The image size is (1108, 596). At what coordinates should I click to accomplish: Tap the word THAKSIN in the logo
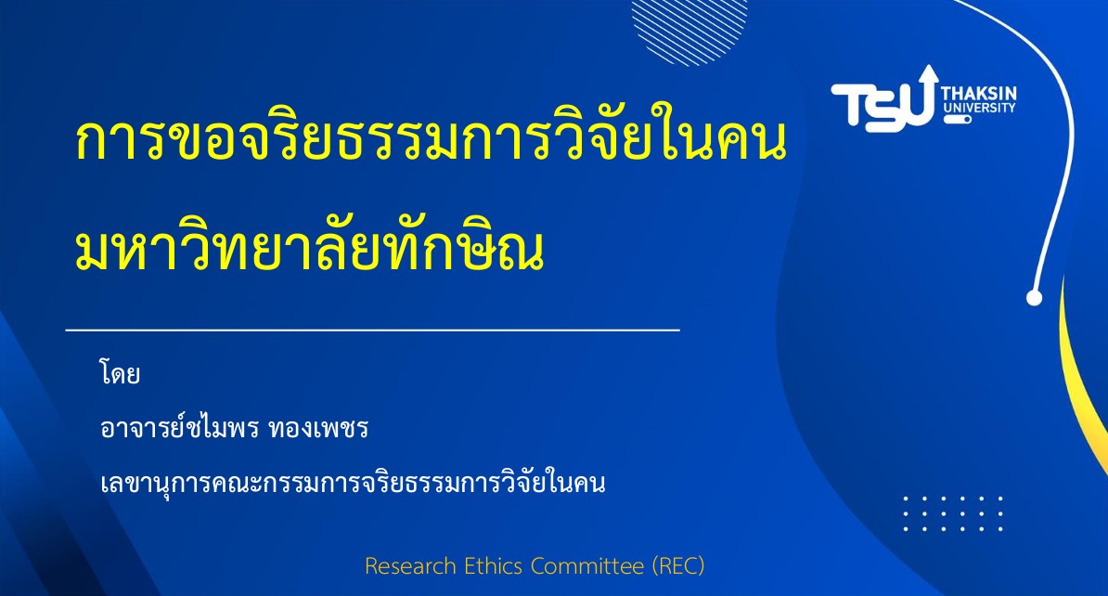[x=979, y=94]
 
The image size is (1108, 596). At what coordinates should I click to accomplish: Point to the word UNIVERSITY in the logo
[x=979, y=109]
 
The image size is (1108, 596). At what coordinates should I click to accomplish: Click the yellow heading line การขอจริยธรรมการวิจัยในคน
[x=431, y=138]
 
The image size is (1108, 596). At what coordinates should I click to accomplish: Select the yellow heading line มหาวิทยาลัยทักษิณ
[x=310, y=248]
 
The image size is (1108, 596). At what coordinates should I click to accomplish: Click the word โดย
[x=120, y=373]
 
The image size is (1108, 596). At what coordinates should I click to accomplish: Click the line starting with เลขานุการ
[x=353, y=482]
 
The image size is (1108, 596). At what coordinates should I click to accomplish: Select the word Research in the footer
[x=410, y=566]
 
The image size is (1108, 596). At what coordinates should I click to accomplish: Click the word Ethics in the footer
[x=493, y=566]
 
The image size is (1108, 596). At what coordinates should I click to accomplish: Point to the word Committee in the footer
[x=587, y=566]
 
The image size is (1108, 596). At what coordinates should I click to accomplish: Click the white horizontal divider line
[x=372, y=330]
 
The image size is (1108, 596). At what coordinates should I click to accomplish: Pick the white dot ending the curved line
[x=1034, y=298]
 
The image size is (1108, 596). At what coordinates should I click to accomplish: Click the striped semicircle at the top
[x=689, y=27]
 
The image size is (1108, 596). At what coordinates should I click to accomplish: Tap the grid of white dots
[x=952, y=513]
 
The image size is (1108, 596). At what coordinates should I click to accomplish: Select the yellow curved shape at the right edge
[x=1083, y=382]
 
